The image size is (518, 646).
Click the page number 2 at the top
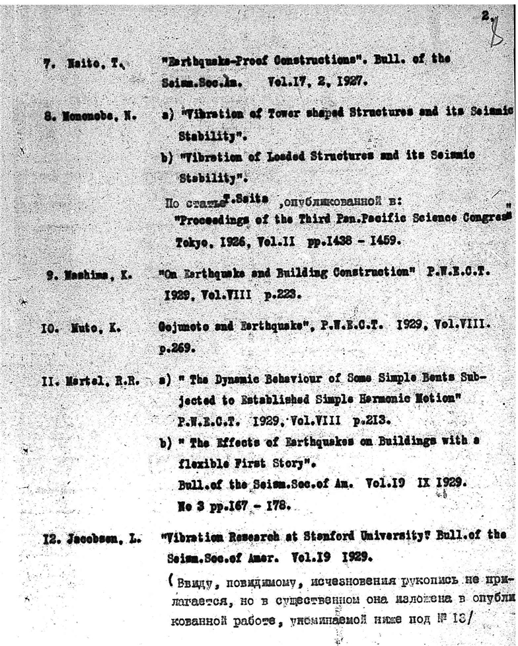point(485,14)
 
